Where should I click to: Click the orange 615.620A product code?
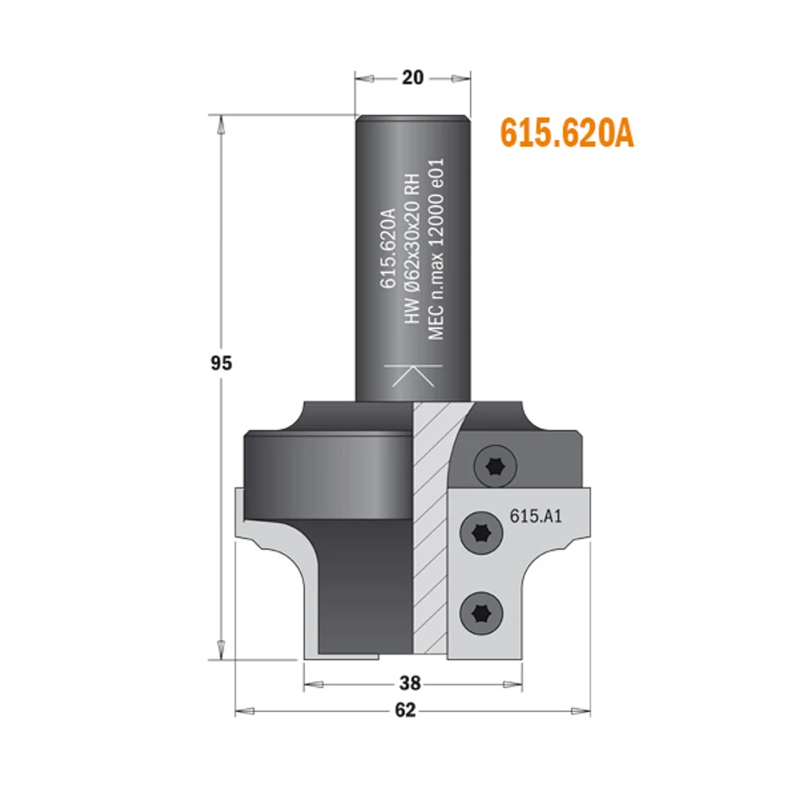[x=567, y=133]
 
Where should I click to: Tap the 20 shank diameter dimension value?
[x=412, y=78]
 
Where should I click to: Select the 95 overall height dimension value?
[x=221, y=364]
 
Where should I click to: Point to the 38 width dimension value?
[x=411, y=683]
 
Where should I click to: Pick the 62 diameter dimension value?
[x=405, y=710]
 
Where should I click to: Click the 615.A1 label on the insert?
[x=536, y=517]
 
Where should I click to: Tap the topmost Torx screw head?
[x=495, y=465]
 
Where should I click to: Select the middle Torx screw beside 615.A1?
[x=481, y=534]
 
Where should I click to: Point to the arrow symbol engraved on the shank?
[x=413, y=376]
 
